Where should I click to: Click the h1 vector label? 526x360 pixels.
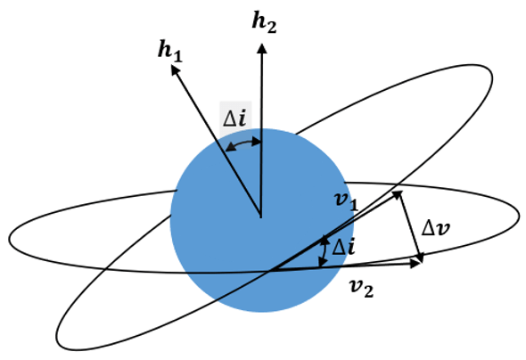pos(170,53)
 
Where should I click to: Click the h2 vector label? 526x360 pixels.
pos(264,23)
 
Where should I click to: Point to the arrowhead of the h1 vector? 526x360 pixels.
pos(175,70)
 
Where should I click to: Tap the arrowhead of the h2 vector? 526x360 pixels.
pos(262,48)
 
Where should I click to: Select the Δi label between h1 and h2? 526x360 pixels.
pos(234,119)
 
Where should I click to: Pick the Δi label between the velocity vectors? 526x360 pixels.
pos(343,248)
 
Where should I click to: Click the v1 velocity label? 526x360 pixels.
pos(347,201)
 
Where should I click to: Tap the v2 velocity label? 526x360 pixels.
pos(362,289)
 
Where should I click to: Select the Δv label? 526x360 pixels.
pos(435,229)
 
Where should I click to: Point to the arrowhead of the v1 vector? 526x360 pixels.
pos(398,194)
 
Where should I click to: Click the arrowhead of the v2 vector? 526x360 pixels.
pos(416,264)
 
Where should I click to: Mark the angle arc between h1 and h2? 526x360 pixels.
pos(243,143)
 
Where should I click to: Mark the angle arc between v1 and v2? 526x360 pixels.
pos(324,252)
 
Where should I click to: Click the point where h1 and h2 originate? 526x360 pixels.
pos(261,217)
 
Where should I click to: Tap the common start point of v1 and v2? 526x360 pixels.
pos(271,270)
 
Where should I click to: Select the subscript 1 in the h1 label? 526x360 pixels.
pos(178,57)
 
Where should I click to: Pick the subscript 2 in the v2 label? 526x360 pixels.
pos(369,292)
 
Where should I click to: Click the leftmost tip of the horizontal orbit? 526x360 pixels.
pos(9,240)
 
